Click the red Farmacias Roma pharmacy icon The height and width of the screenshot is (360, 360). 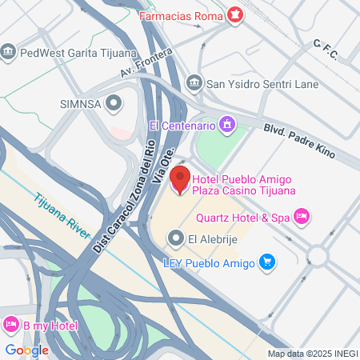[235, 14]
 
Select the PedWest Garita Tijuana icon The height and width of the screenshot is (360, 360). [9, 53]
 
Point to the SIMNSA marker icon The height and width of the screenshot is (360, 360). [114, 102]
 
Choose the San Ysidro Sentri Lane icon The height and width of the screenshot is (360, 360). [194, 82]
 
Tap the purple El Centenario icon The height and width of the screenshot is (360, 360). [228, 125]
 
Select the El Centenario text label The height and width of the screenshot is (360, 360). [182, 126]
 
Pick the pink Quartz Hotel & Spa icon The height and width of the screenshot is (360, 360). [302, 214]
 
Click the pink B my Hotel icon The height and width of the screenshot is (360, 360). [11, 325]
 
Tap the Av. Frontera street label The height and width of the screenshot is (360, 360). [146, 64]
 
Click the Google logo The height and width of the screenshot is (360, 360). [26, 350]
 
